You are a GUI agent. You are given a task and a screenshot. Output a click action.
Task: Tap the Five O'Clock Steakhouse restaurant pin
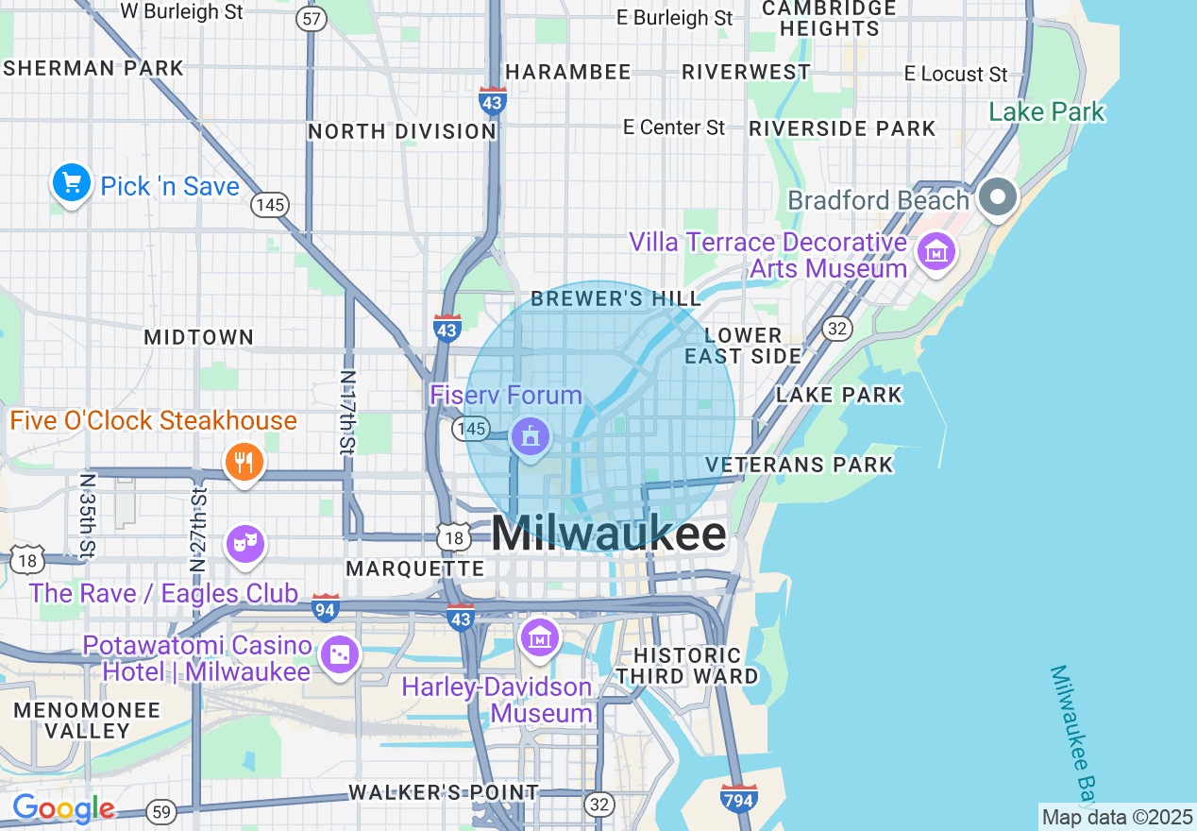coord(244,462)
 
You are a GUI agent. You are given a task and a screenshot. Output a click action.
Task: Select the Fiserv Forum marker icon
coord(529,437)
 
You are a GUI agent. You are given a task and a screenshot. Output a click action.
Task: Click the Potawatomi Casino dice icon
coord(339,654)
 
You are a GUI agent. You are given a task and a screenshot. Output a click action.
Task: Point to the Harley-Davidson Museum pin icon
coord(540,638)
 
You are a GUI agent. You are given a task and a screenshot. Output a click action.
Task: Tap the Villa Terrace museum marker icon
coord(936,251)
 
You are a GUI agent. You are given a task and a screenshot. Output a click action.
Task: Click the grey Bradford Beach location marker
coord(997,198)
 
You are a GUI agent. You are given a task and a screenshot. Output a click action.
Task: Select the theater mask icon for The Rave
coord(244,543)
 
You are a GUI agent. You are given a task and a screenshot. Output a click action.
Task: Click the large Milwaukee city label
coord(609,534)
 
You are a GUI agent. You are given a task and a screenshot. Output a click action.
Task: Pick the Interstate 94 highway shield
coord(325,610)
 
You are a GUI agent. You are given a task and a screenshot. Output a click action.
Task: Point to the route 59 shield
coord(161,811)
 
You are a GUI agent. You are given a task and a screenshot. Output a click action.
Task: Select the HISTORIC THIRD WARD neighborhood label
coord(687,666)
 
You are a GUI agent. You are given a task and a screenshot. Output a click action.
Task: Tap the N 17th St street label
coord(348,410)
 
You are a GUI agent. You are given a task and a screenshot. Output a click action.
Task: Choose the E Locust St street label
coord(955,74)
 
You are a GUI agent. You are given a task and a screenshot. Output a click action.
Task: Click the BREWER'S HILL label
coord(615,299)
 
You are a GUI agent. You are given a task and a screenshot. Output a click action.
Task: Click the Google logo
coord(63,808)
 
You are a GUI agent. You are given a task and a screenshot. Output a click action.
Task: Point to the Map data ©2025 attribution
coord(1117,817)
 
